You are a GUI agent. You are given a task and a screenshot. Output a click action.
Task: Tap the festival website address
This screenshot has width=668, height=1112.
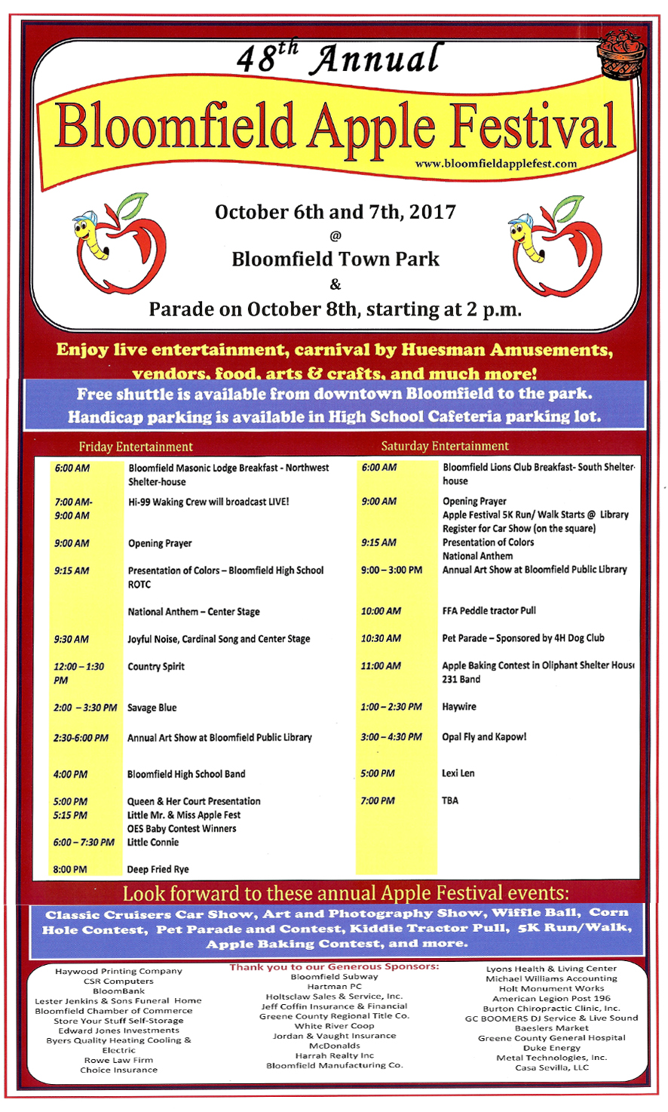(495, 164)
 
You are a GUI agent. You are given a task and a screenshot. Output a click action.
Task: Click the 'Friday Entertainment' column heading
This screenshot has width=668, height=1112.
(136, 447)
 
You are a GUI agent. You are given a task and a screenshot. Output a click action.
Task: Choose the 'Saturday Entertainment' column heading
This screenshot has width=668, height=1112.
(445, 446)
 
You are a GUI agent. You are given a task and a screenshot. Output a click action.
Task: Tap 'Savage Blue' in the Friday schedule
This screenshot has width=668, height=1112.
(152, 708)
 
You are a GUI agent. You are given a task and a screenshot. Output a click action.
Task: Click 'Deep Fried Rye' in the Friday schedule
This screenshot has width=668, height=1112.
(158, 869)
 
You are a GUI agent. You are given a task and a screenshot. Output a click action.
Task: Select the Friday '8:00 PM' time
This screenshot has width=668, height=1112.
(70, 869)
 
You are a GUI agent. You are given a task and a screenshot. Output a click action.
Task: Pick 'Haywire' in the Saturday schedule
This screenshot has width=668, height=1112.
(459, 707)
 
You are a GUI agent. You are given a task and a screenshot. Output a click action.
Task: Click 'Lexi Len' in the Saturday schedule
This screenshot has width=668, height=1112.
(458, 773)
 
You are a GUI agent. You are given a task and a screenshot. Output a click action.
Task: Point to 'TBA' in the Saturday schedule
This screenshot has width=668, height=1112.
(450, 800)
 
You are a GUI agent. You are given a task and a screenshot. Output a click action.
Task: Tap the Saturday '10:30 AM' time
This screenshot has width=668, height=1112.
(381, 638)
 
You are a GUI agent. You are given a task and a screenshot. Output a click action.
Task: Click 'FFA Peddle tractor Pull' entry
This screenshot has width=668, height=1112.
(489, 610)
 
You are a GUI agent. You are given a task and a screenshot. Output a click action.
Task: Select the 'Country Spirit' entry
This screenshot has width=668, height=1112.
(156, 666)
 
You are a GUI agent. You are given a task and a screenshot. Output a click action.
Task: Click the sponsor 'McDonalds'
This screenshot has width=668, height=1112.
(335, 1046)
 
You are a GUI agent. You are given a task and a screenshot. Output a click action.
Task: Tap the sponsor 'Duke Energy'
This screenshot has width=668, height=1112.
(552, 1048)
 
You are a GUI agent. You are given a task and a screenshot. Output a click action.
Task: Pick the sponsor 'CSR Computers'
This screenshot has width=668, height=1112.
(118, 981)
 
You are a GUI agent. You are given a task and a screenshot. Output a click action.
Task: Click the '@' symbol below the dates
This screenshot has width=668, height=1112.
(336, 235)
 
